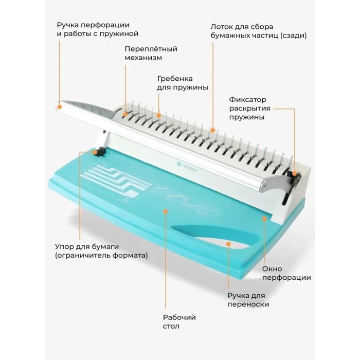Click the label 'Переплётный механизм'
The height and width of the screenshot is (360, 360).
coord(151,53)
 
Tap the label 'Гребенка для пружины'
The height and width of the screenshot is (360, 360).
coord(183,83)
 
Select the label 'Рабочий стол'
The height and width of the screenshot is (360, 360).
coord(179,321)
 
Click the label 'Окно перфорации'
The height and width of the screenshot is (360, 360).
coord(286,273)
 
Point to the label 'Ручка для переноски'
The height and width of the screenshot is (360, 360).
coord(248,300)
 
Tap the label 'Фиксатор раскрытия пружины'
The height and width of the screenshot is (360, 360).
coord(249,108)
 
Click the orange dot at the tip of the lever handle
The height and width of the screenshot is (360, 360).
coord(60,107)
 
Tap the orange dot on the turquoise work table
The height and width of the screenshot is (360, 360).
coord(165,211)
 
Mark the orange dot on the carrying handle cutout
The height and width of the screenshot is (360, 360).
coord(228,244)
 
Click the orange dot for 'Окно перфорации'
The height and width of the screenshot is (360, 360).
coord(264,219)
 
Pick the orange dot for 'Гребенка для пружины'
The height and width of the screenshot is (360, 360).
coord(158,115)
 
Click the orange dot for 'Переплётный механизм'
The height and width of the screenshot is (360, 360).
coord(125,114)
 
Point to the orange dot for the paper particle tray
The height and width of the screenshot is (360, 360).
coord(213,131)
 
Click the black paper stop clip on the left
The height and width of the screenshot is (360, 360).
coord(99,152)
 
